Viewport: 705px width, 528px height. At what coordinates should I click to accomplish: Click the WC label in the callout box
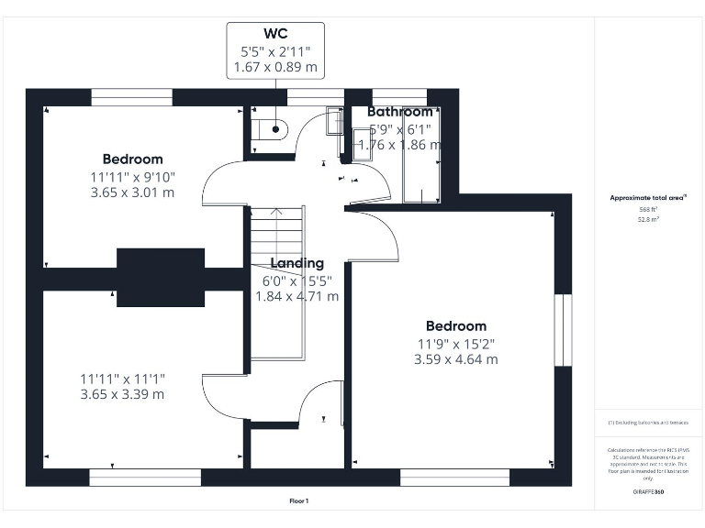click(x=275, y=34)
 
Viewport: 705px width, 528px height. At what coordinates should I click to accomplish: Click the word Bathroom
click(x=399, y=112)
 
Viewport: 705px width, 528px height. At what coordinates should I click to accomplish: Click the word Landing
click(x=297, y=263)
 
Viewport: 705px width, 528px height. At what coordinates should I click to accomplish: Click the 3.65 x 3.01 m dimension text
click(x=132, y=192)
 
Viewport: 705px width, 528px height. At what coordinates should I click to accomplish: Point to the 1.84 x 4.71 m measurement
click(x=297, y=296)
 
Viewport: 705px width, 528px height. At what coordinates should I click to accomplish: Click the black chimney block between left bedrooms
click(x=160, y=277)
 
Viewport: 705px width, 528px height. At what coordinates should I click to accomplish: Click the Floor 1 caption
click(x=298, y=501)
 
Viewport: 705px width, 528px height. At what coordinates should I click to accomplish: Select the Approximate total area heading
click(x=649, y=198)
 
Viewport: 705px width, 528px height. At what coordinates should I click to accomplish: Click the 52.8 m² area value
click(x=649, y=220)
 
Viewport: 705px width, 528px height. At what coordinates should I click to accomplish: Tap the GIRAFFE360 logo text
click(x=649, y=493)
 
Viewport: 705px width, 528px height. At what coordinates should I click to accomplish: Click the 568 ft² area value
click(x=649, y=210)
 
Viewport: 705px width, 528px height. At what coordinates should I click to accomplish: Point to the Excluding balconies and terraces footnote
click(x=649, y=423)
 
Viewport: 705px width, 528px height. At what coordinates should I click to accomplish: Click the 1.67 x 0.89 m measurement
click(x=275, y=67)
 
